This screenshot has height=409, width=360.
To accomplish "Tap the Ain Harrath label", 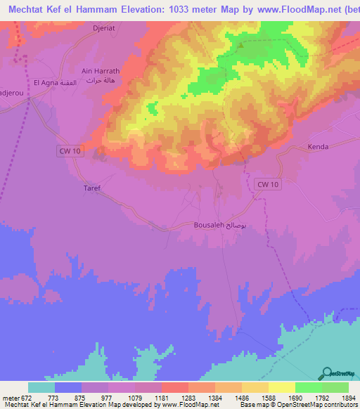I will pos(81,71).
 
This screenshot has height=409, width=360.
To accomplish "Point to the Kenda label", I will pos(319,148).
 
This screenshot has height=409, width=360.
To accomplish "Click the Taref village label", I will pos(92,188).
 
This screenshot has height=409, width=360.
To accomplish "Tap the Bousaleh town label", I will pos(209,226).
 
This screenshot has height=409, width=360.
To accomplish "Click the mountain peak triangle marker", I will pos(241,46).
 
